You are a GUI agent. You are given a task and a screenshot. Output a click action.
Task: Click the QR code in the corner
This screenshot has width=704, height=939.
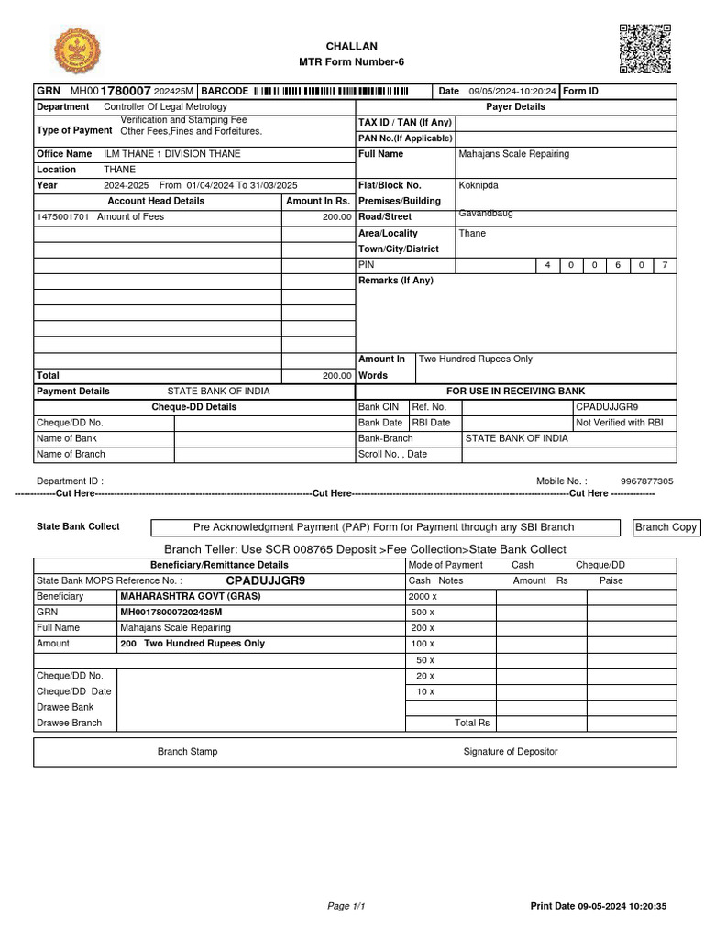click(x=645, y=49)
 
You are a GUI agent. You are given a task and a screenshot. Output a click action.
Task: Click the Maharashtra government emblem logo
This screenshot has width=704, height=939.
click(x=78, y=52)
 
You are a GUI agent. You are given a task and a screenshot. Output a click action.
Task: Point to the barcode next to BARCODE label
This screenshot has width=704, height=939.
click(x=331, y=92)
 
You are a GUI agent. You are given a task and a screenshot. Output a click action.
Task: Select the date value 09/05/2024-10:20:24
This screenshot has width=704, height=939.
click(x=512, y=92)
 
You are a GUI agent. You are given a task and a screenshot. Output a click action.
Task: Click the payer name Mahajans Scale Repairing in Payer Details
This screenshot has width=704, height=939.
click(x=513, y=154)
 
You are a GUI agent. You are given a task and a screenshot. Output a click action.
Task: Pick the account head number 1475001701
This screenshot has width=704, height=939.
click(x=63, y=217)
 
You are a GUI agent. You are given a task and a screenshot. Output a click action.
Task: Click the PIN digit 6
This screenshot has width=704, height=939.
click(x=618, y=265)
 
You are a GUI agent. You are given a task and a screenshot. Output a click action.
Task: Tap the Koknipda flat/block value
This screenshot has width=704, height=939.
click(x=478, y=185)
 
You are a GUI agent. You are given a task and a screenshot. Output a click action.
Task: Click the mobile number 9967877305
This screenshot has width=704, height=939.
click(x=646, y=481)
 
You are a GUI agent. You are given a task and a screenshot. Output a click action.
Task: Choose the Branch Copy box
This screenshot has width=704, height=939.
click(x=666, y=527)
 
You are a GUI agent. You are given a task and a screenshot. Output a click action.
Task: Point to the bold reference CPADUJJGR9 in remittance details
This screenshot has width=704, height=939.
click(x=266, y=581)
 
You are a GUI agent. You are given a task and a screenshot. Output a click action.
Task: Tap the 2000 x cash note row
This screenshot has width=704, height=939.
click(x=423, y=597)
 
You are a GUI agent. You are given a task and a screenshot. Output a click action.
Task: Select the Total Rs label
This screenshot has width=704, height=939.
click(x=472, y=724)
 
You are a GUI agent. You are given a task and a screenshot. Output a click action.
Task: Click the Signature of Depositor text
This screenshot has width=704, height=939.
click(x=510, y=752)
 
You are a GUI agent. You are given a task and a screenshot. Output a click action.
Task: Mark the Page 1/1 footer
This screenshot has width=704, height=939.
click(x=346, y=907)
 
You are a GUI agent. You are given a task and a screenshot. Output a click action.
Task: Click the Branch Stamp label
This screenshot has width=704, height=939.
click(x=188, y=752)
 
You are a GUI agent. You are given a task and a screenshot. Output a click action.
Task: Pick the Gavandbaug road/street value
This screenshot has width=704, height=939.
click(x=486, y=214)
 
